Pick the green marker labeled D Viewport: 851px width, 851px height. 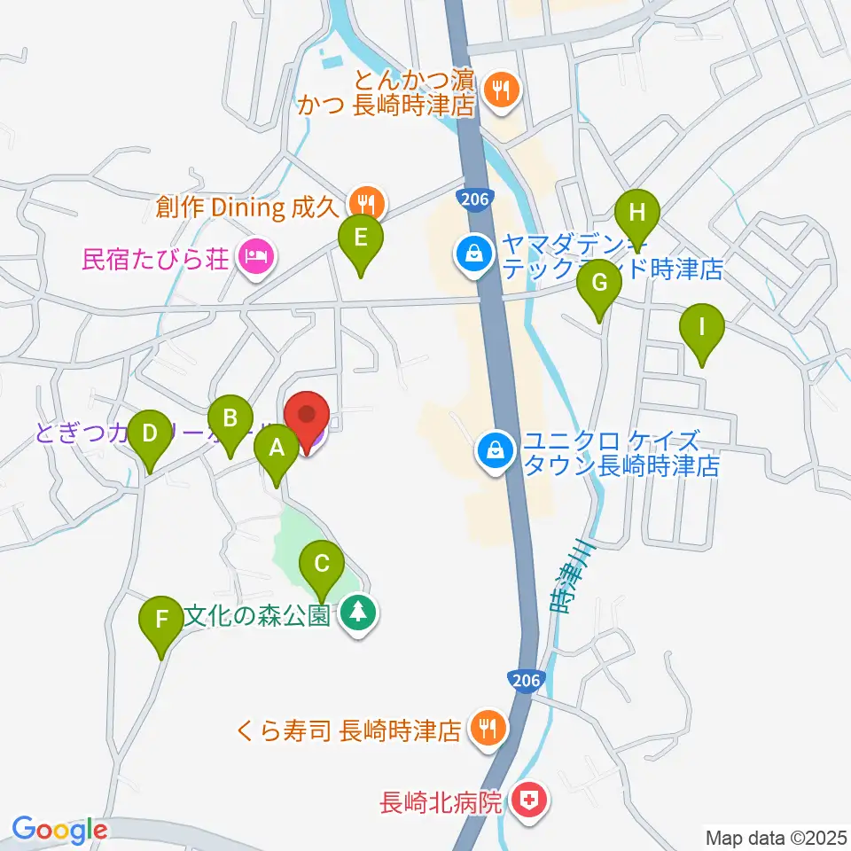[150, 435]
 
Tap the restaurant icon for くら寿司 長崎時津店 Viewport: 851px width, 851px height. [487, 730]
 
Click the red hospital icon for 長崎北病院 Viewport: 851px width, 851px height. [530, 803]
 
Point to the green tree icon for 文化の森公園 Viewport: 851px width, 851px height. [358, 614]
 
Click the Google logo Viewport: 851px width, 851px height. [59, 831]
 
